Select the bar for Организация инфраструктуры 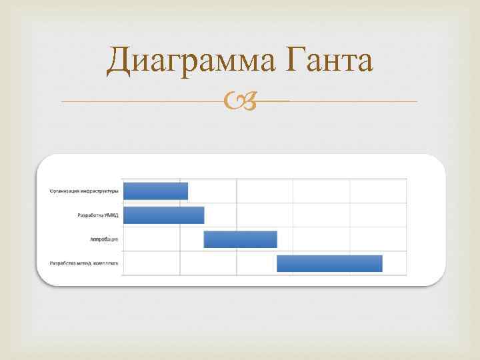tap(156, 191)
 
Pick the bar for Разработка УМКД tap(164, 215)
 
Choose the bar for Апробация tap(240, 239)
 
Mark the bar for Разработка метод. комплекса tap(329, 263)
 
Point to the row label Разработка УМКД tap(99, 215)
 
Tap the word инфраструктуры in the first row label tap(100, 191)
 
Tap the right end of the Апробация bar tap(275, 239)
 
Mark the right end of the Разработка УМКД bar tap(203, 215)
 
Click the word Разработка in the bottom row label tap(64, 263)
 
